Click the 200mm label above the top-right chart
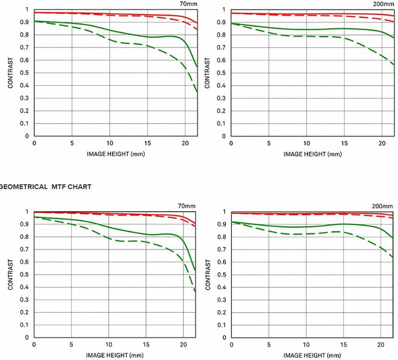tap(383, 4)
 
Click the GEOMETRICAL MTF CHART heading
tap(45, 187)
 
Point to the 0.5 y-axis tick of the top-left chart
tap(25, 73)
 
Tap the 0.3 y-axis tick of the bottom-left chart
tap(25, 299)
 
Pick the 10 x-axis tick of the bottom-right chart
tap(306, 345)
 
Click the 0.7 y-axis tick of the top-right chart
tap(222, 47)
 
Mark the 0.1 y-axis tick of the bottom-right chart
tap(222, 325)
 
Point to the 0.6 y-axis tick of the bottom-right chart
tap(222, 262)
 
